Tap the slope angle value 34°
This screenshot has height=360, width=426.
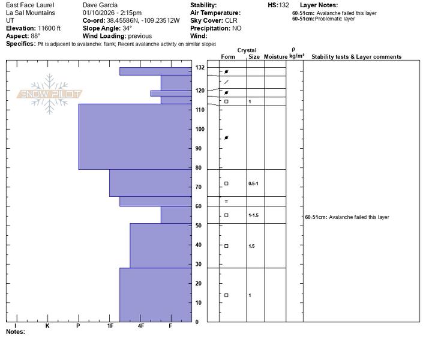127,28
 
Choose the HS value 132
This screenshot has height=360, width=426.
284,5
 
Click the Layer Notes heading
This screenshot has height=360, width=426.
319,5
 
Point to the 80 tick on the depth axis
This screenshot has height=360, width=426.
199,168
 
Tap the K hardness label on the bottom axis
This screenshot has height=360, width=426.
47,326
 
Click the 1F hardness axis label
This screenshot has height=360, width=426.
110,326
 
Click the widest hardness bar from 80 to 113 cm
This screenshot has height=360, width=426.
135,137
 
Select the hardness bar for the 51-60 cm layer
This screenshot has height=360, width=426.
176,215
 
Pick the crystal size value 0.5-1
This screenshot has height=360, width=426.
253,184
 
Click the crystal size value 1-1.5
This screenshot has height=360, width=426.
253,215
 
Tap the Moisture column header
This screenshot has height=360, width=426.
275,57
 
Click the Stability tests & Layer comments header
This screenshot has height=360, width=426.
356,57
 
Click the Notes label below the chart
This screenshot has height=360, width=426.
16,331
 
